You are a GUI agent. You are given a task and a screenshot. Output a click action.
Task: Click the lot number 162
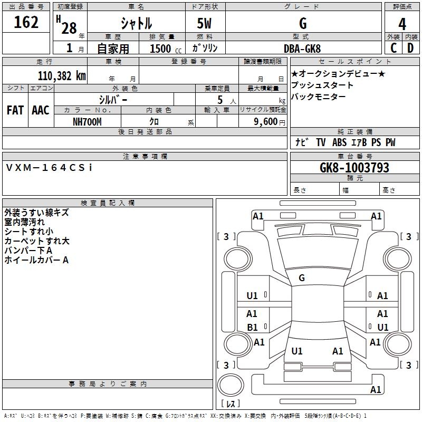[x=26, y=22]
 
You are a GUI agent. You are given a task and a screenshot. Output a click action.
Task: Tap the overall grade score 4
[x=402, y=24]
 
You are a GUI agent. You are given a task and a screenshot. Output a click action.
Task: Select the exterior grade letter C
[x=394, y=48]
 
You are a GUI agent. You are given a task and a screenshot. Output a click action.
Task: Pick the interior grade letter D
[x=410, y=48]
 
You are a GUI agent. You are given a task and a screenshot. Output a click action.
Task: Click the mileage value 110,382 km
[x=62, y=76]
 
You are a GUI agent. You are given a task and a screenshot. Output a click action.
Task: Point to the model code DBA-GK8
[x=302, y=49]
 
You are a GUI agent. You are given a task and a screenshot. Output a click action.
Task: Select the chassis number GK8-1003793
[x=354, y=168]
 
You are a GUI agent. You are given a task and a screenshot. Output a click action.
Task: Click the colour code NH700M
[x=87, y=122]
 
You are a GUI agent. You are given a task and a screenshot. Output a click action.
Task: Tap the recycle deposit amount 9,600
[x=266, y=122]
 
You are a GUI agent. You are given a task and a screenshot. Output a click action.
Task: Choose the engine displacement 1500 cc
[x=166, y=49]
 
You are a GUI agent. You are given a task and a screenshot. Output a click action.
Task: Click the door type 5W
[x=204, y=23]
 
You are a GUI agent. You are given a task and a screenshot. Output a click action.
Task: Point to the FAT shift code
[x=15, y=110]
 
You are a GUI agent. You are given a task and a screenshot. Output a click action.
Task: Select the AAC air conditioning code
[x=41, y=110]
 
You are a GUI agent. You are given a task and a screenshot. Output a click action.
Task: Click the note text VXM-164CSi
[x=49, y=168]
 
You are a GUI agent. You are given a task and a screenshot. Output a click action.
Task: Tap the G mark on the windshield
[x=302, y=278]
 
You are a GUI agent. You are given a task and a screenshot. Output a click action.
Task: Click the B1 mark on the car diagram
[x=252, y=327]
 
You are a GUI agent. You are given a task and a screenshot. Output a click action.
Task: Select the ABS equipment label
[x=339, y=142]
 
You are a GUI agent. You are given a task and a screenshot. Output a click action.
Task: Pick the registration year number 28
[x=69, y=28]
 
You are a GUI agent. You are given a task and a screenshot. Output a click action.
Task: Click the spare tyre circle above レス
[x=231, y=385]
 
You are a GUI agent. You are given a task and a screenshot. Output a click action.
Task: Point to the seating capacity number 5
[x=220, y=100]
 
